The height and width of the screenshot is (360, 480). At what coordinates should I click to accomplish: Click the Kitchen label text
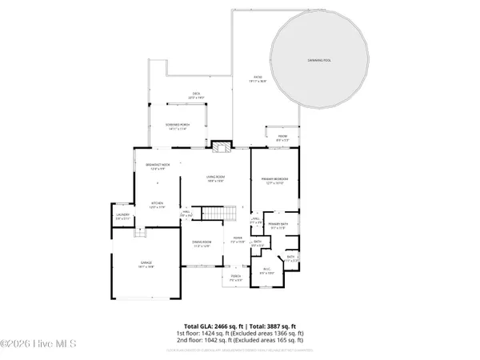pos(158,204)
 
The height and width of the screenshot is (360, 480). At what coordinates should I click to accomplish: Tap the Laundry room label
pos(122,215)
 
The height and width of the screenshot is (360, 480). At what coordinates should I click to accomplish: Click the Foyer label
pos(238,238)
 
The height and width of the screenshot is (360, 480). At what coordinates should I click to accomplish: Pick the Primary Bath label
pos(278,226)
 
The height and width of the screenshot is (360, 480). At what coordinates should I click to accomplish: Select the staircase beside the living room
pos(220,213)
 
